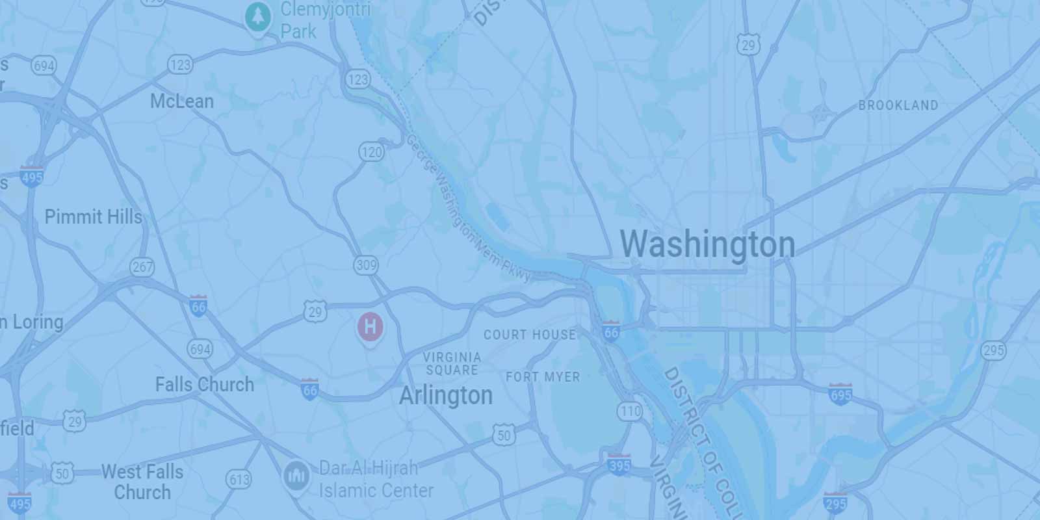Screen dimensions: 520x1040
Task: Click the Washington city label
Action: click(x=707, y=244)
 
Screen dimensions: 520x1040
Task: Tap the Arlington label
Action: click(x=446, y=395)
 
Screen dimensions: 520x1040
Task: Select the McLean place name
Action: click(x=182, y=101)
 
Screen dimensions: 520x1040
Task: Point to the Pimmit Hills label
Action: click(x=94, y=216)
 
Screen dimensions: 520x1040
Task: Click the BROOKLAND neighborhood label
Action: click(x=898, y=105)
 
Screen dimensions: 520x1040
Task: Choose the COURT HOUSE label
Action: click(x=530, y=335)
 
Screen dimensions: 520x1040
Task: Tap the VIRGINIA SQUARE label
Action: click(x=452, y=363)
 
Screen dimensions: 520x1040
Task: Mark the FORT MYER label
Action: click(x=543, y=377)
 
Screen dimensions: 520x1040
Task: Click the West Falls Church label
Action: click(x=142, y=482)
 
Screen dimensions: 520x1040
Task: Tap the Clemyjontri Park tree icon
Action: click(x=259, y=17)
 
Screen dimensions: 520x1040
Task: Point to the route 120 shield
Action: click(x=371, y=152)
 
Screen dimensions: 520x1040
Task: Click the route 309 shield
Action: click(x=367, y=265)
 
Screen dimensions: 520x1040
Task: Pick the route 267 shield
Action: click(x=142, y=266)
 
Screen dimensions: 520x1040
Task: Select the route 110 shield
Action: click(x=630, y=411)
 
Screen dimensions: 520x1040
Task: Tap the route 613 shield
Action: click(x=239, y=480)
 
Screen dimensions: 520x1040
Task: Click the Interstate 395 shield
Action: click(x=619, y=465)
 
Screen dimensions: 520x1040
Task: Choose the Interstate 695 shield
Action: click(x=840, y=394)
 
